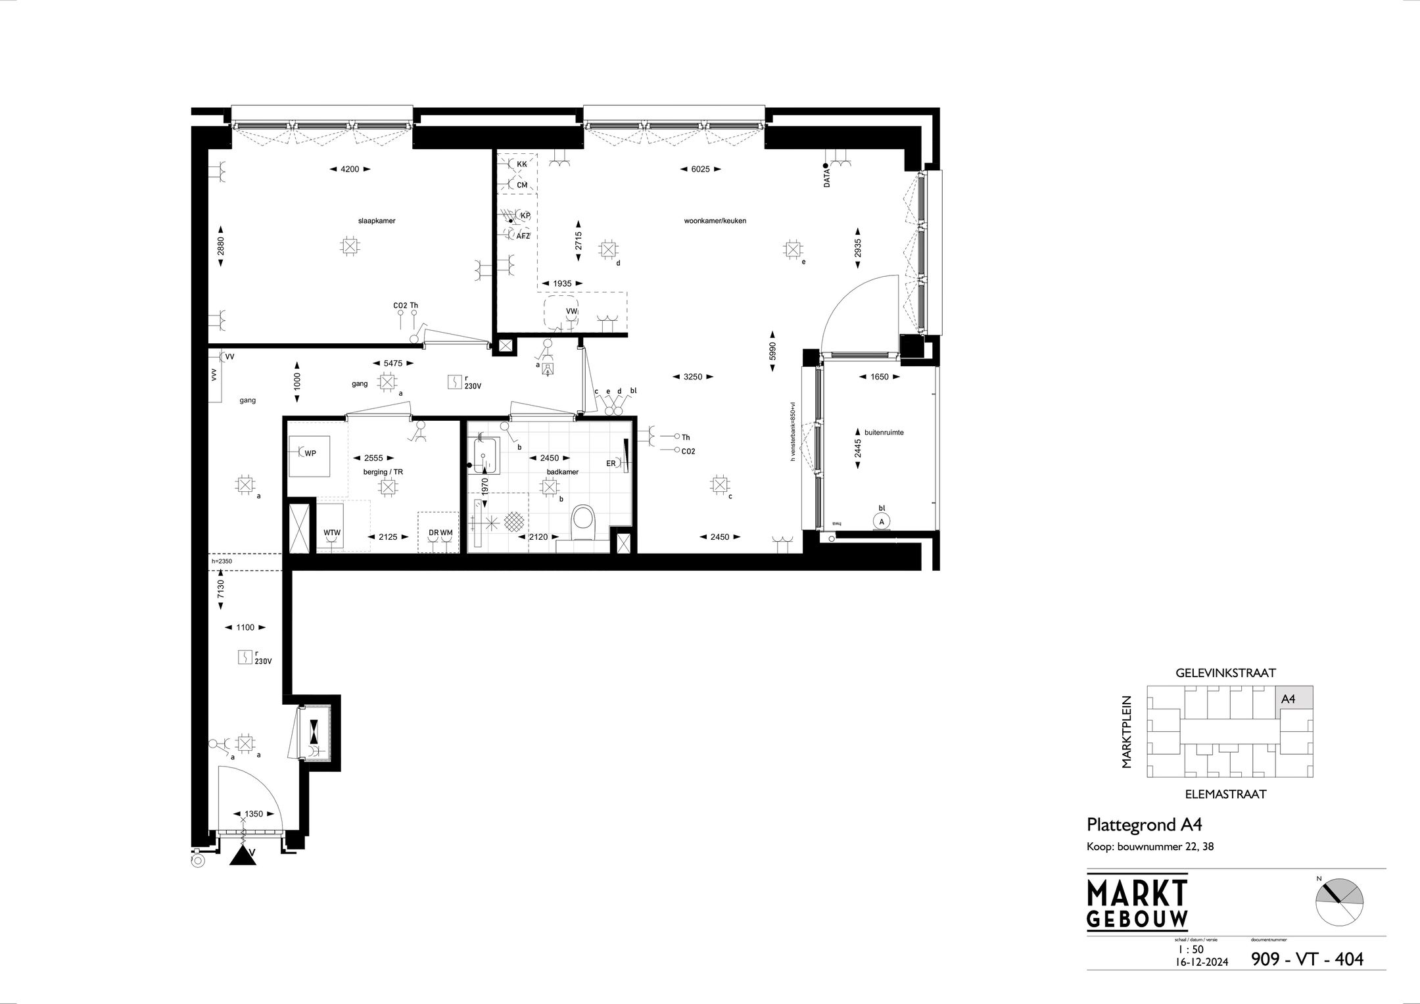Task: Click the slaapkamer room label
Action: [377, 221]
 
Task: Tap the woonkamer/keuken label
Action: [715, 221]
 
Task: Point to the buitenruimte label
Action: [884, 433]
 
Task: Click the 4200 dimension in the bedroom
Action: [350, 169]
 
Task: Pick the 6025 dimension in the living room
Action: [699, 169]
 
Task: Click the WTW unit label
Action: [332, 533]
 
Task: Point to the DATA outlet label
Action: [827, 178]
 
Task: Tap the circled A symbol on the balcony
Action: [881, 521]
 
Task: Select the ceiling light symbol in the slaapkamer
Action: [350, 247]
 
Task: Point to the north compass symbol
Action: [1339, 901]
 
